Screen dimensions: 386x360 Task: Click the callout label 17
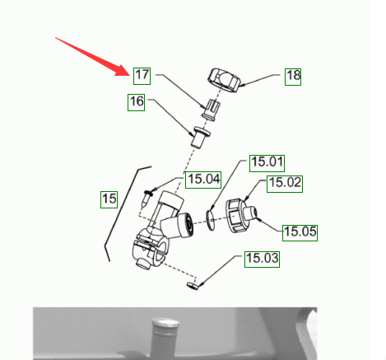(x=142, y=76)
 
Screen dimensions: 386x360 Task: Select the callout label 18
(x=293, y=77)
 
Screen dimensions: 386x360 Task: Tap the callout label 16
(x=136, y=102)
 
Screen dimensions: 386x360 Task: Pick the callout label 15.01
(x=267, y=163)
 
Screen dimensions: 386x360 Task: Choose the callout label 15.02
(x=285, y=184)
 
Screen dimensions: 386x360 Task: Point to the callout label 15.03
(x=262, y=259)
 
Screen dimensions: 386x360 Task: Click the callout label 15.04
(x=203, y=180)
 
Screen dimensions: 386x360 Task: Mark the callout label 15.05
(x=300, y=233)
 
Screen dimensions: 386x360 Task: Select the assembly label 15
(x=109, y=199)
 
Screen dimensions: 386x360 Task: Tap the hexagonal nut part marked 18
(x=224, y=81)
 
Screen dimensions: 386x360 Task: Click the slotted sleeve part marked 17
(x=212, y=109)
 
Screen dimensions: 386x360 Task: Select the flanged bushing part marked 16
(x=201, y=137)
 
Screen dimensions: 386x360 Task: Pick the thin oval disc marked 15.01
(x=211, y=220)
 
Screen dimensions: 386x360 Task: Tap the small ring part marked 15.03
(x=193, y=286)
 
